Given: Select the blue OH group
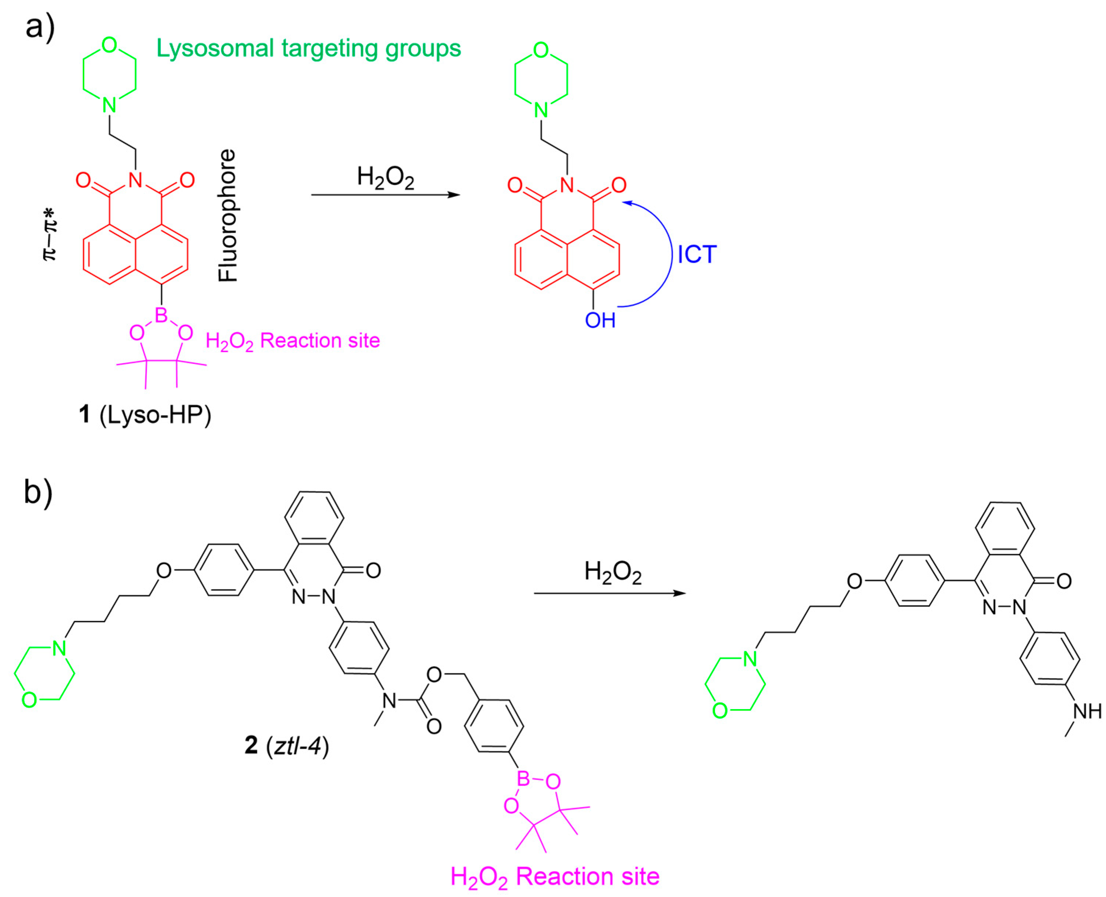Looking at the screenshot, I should point(600,320).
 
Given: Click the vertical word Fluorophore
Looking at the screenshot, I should point(227,216).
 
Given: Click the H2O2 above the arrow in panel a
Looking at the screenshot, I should point(385,177).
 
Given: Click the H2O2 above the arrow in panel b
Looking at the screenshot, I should point(612,572).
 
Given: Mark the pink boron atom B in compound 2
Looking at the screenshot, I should point(523,779).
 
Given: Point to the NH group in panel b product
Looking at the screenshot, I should point(1087,712).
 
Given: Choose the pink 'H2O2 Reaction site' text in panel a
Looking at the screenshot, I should point(292,341).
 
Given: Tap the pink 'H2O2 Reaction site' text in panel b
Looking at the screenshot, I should point(555,876).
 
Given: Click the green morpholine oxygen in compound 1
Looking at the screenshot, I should point(109,45).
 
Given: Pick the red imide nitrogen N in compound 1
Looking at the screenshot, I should point(135,180).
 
